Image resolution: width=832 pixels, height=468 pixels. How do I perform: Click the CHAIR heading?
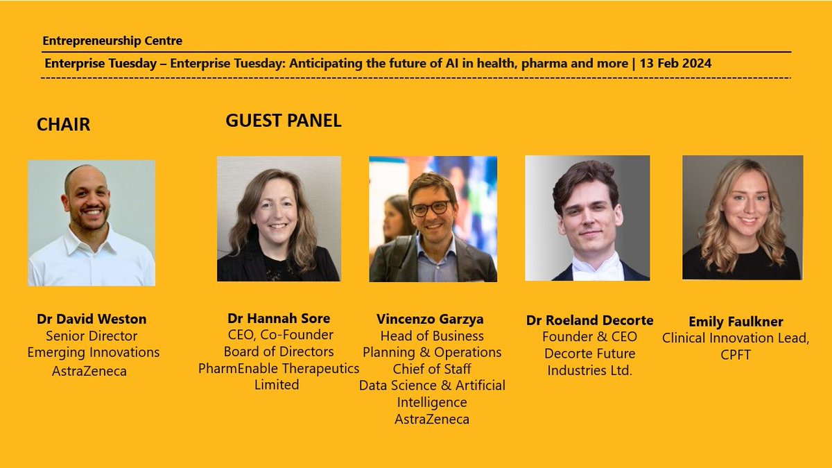[63, 125]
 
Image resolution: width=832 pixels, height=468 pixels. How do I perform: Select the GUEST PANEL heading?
[283, 121]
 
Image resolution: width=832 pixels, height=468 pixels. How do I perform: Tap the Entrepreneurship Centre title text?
[112, 41]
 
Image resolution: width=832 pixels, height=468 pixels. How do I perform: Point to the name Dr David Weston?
[92, 320]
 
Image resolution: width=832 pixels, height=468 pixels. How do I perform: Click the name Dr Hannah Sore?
[279, 319]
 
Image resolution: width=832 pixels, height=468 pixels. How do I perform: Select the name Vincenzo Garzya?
[430, 320]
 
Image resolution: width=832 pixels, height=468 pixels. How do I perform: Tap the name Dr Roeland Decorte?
[589, 320]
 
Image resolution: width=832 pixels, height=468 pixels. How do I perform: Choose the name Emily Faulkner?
[736, 322]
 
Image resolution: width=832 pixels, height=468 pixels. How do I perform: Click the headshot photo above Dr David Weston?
[92, 223]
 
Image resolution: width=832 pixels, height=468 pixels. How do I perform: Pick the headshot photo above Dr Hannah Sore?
[279, 218]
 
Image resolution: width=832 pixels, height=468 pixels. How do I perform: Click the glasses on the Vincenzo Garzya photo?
[430, 207]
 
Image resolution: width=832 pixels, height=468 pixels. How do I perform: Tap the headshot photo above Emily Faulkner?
[743, 217]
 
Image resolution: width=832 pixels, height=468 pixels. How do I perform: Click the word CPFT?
[736, 355]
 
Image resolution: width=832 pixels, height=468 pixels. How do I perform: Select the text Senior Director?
[92, 336]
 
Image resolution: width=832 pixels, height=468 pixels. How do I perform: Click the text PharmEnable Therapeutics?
[279, 368]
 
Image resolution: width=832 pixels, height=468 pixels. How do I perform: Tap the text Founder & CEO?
[590, 337]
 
